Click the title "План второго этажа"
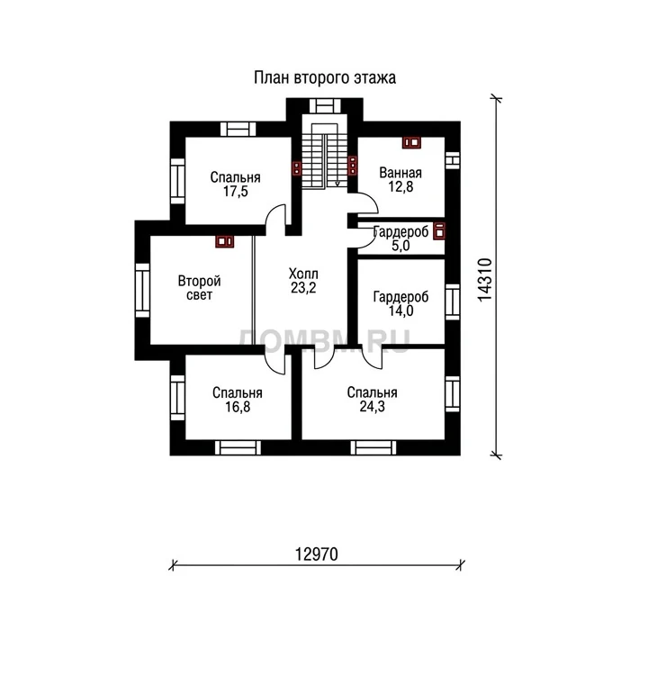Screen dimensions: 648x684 click(x=325, y=77)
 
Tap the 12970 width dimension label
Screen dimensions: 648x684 click(x=317, y=554)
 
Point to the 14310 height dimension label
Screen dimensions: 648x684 click(x=485, y=280)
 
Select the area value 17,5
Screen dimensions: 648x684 click(x=236, y=191)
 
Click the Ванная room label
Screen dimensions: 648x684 click(x=400, y=173)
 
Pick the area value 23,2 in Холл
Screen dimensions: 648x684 click(x=303, y=287)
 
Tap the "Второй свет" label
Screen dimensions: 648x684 click(x=199, y=287)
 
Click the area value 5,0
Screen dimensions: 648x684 click(x=400, y=246)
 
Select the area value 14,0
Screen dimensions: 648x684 click(x=400, y=310)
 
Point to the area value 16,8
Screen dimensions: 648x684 click(x=238, y=407)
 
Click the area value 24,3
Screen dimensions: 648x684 click(x=372, y=406)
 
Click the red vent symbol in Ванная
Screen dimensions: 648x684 click(x=411, y=142)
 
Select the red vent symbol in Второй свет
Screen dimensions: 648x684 click(x=225, y=241)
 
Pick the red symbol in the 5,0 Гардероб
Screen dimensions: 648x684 click(x=439, y=230)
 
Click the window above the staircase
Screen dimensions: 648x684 click(x=325, y=106)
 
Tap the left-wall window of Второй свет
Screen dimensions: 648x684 click(x=142, y=290)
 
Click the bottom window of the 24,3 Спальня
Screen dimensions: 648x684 click(x=373, y=447)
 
